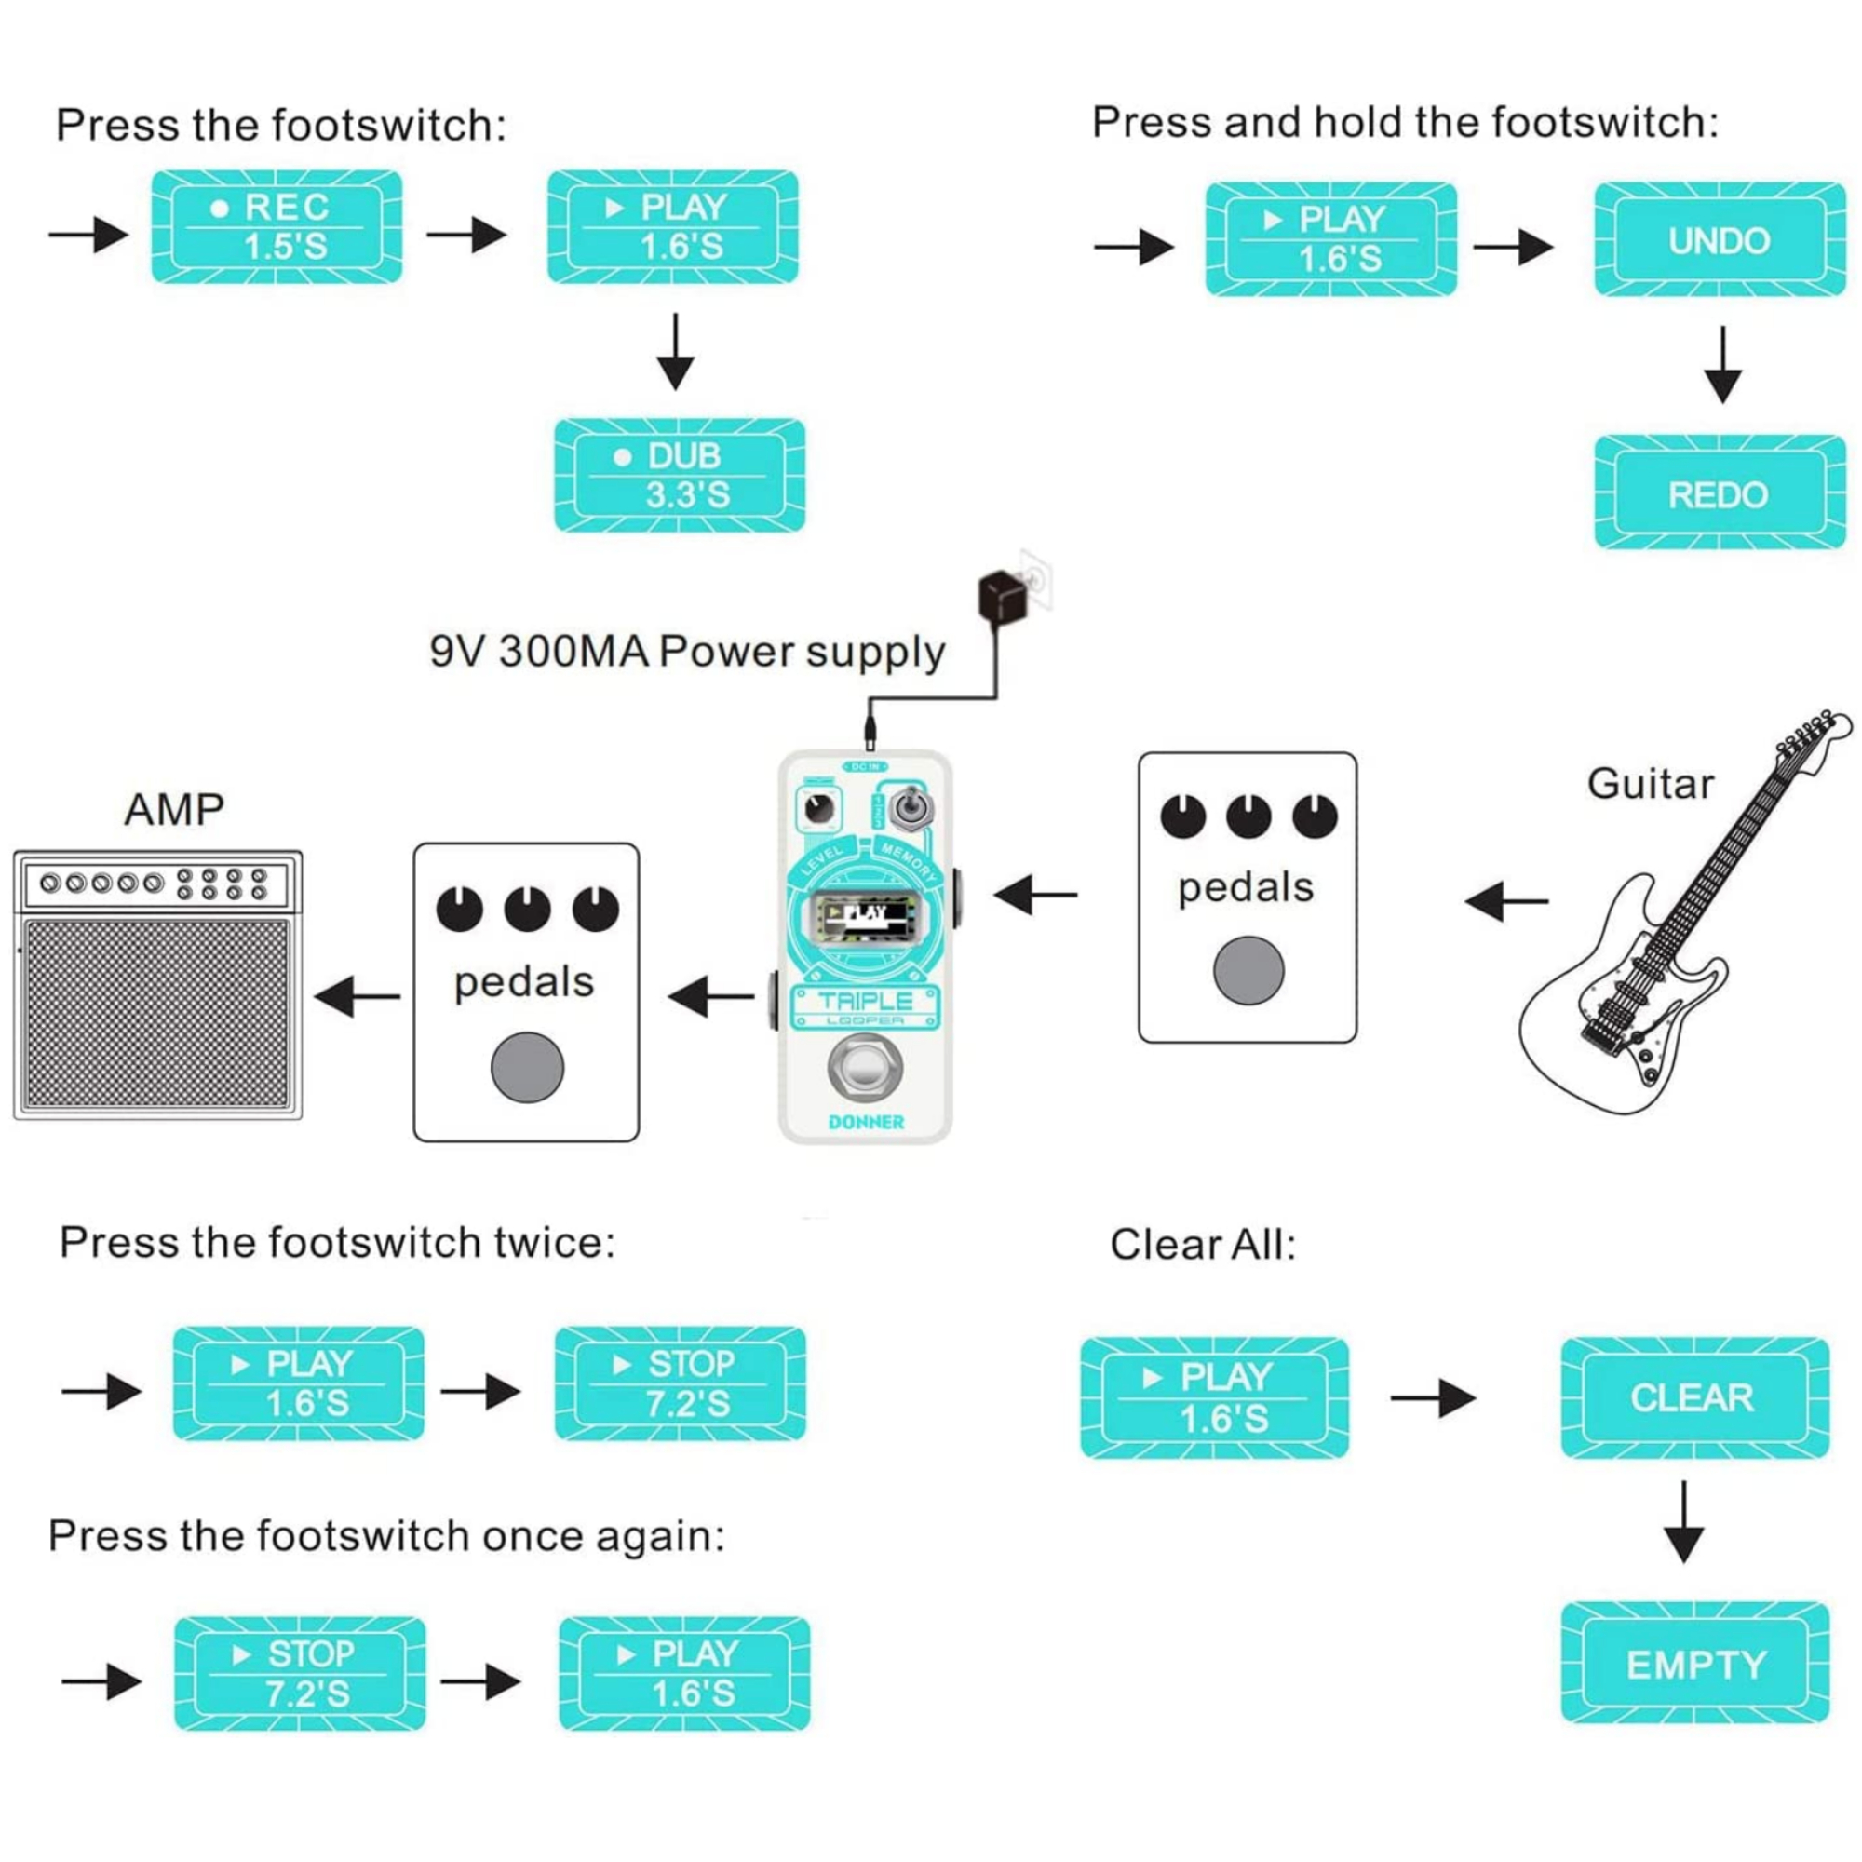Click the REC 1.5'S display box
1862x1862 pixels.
277,227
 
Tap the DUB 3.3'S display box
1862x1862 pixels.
680,475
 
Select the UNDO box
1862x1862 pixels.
1720,240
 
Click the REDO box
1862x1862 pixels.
1720,493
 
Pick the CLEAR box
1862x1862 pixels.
1694,1396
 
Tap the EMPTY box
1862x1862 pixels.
1694,1665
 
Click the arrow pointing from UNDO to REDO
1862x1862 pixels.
1722,364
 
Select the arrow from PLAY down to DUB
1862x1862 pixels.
676,352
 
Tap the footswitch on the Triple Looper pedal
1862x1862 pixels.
865,1068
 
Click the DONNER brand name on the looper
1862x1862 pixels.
866,1123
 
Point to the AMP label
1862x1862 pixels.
174,810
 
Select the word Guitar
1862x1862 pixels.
1650,784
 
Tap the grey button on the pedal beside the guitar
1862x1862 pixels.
1248,970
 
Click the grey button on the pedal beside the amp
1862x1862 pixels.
527,1067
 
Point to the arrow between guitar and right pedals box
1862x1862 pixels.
1505,902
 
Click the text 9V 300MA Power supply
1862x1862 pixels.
687,653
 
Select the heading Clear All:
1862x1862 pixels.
1202,1244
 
